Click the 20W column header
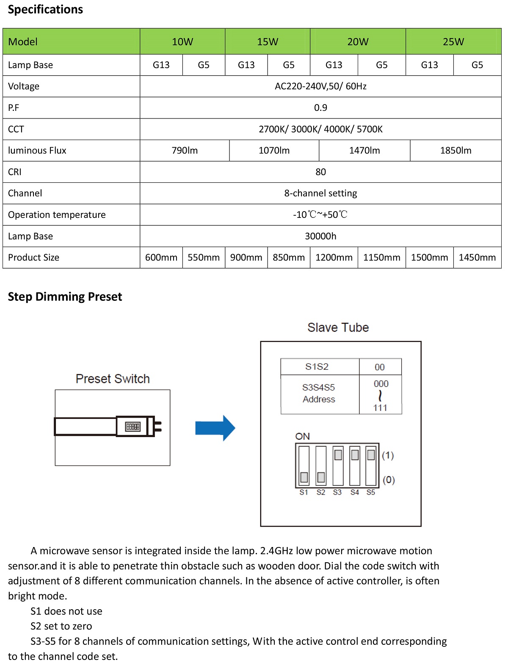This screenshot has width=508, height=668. [358, 41]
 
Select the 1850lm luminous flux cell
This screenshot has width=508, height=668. [456, 151]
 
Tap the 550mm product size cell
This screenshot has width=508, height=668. [204, 258]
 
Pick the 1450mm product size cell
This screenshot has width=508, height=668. [477, 258]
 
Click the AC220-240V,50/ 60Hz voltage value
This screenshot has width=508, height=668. [320, 86]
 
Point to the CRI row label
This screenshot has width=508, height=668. [15, 172]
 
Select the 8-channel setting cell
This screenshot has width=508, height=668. [320, 193]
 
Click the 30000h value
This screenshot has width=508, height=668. [320, 236]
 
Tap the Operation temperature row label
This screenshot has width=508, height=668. [57, 215]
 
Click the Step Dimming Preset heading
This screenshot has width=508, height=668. [65, 297]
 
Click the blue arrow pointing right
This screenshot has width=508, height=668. [215, 428]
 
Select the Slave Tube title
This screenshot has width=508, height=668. [338, 327]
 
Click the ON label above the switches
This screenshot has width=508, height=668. [302, 436]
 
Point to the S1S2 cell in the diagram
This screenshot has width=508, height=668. [317, 367]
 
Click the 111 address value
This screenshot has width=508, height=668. [380, 408]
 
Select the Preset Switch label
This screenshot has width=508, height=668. [113, 379]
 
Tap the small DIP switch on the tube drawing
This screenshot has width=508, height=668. [133, 426]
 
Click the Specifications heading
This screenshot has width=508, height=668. [45, 9]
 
